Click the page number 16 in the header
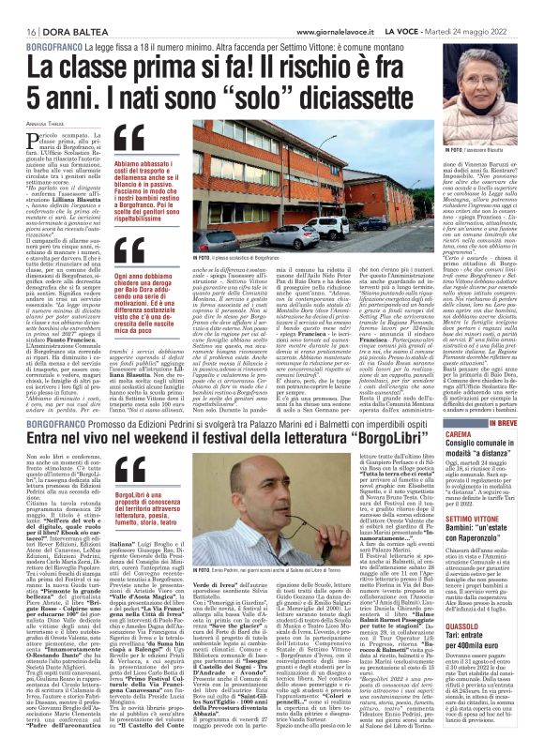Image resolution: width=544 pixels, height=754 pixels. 17,8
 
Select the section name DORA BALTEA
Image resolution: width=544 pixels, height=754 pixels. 55,8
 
